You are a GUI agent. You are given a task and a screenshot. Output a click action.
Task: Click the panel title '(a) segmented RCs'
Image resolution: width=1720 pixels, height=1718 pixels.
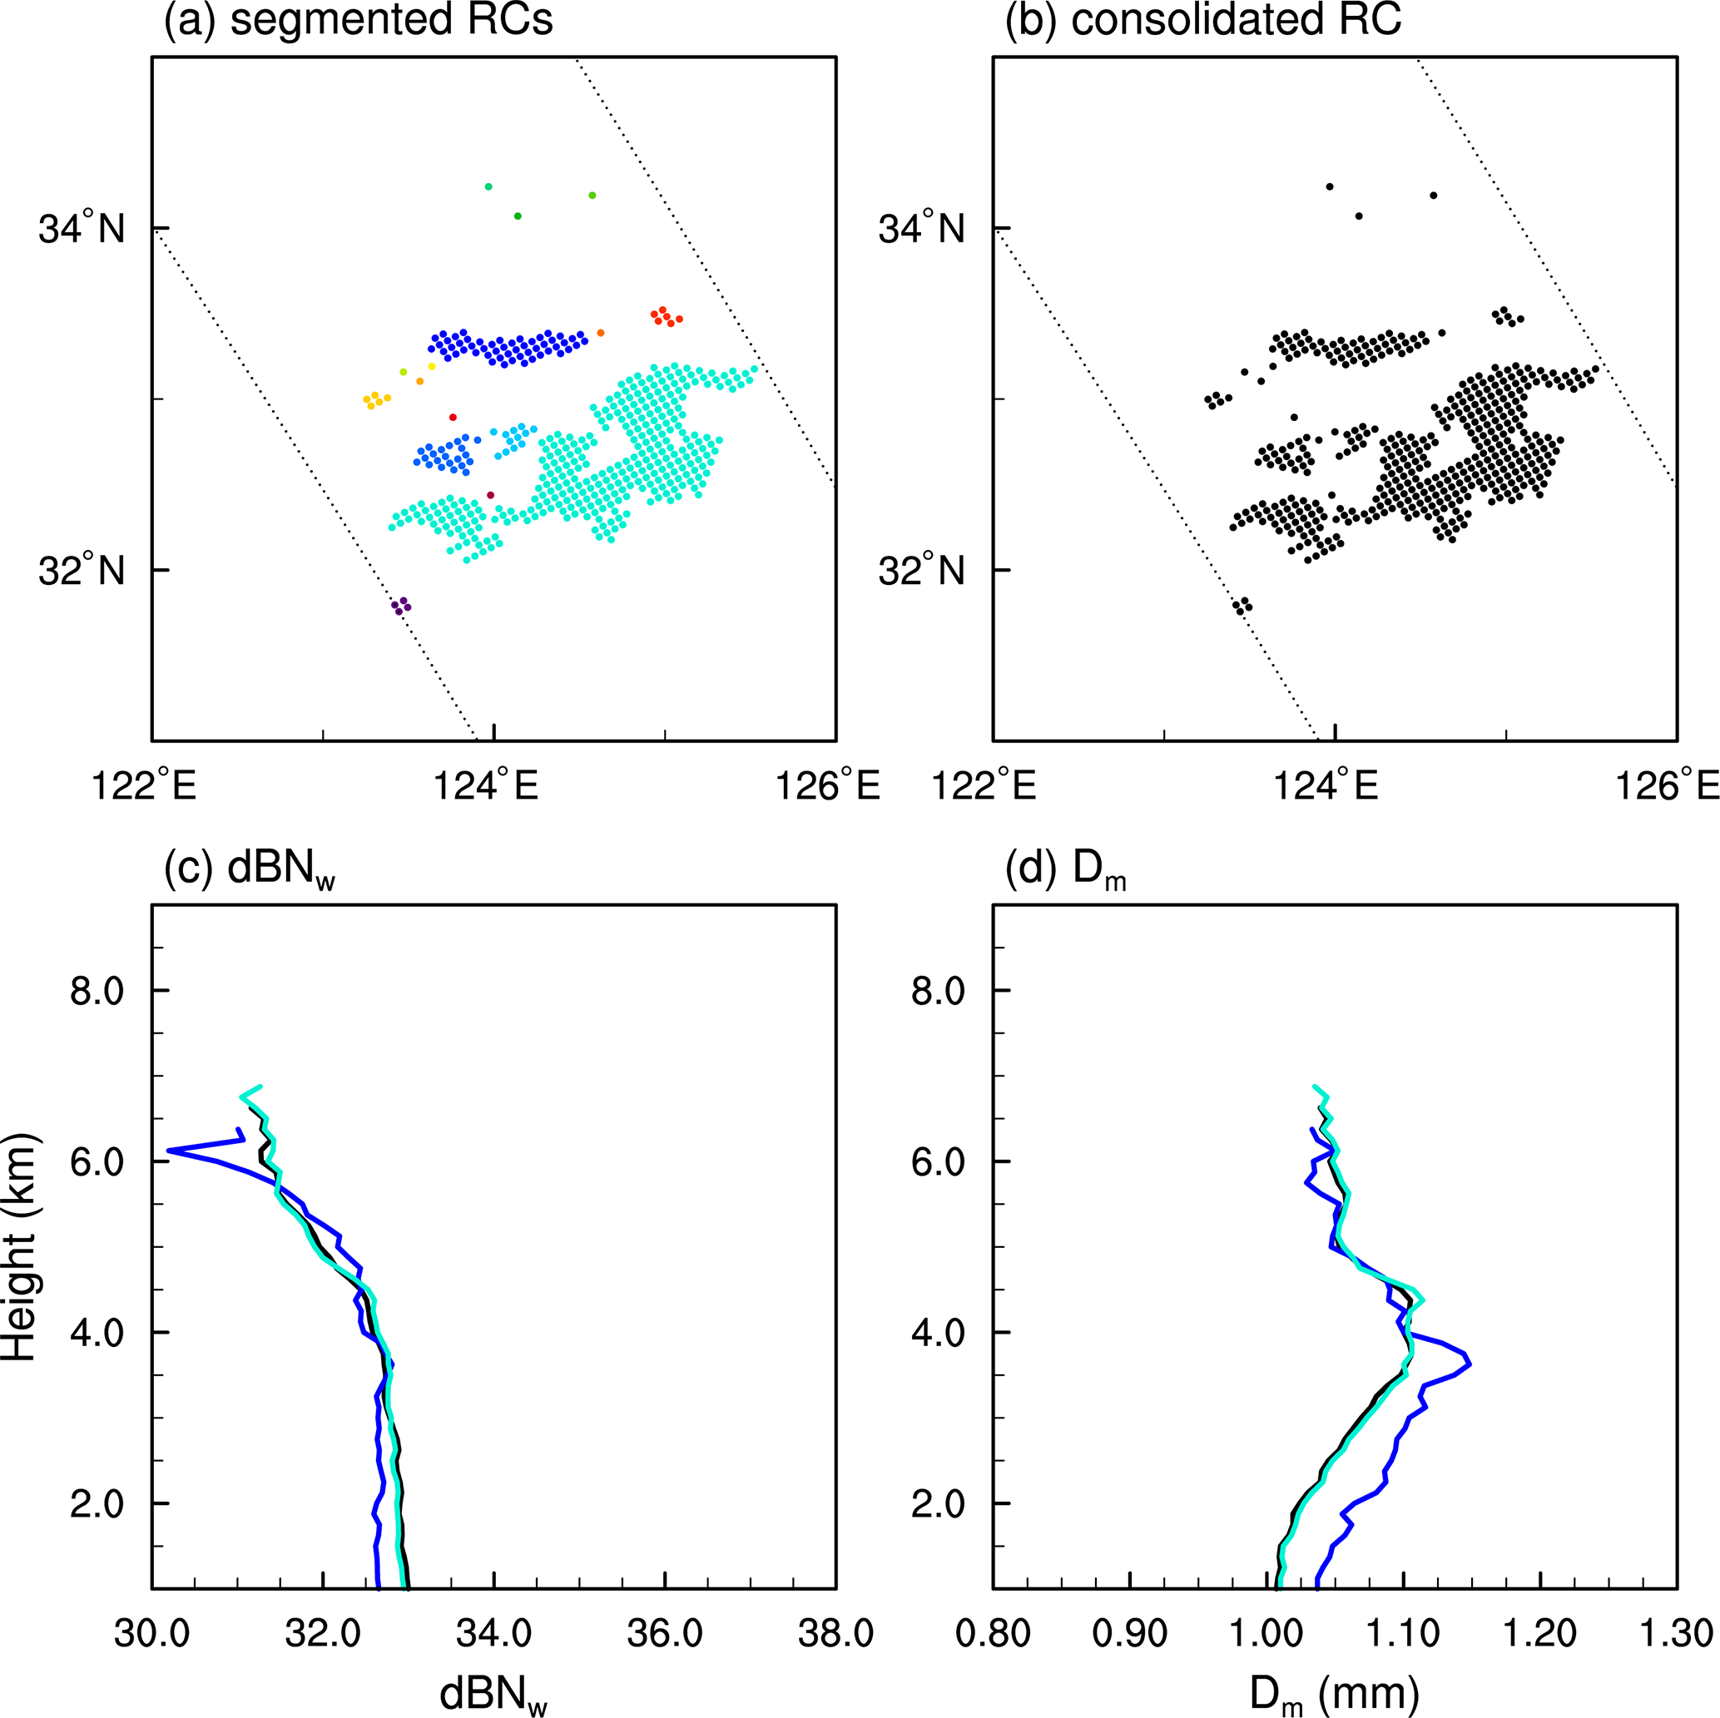tap(358, 20)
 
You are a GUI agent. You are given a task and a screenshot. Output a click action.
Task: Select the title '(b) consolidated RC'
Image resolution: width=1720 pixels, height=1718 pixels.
tap(1203, 20)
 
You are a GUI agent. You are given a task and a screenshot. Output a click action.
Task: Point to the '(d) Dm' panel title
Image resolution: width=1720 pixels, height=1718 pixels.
tap(1065, 868)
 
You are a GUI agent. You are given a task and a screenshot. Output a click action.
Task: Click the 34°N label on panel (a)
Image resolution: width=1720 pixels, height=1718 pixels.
tap(82, 229)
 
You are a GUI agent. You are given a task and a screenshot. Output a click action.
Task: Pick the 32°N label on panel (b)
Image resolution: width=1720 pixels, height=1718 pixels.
tap(921, 570)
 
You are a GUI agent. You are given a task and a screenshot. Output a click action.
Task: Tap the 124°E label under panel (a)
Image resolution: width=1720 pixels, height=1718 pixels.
tap(486, 787)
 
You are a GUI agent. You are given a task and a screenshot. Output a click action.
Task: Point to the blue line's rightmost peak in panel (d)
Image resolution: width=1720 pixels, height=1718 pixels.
tap(1468, 1364)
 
